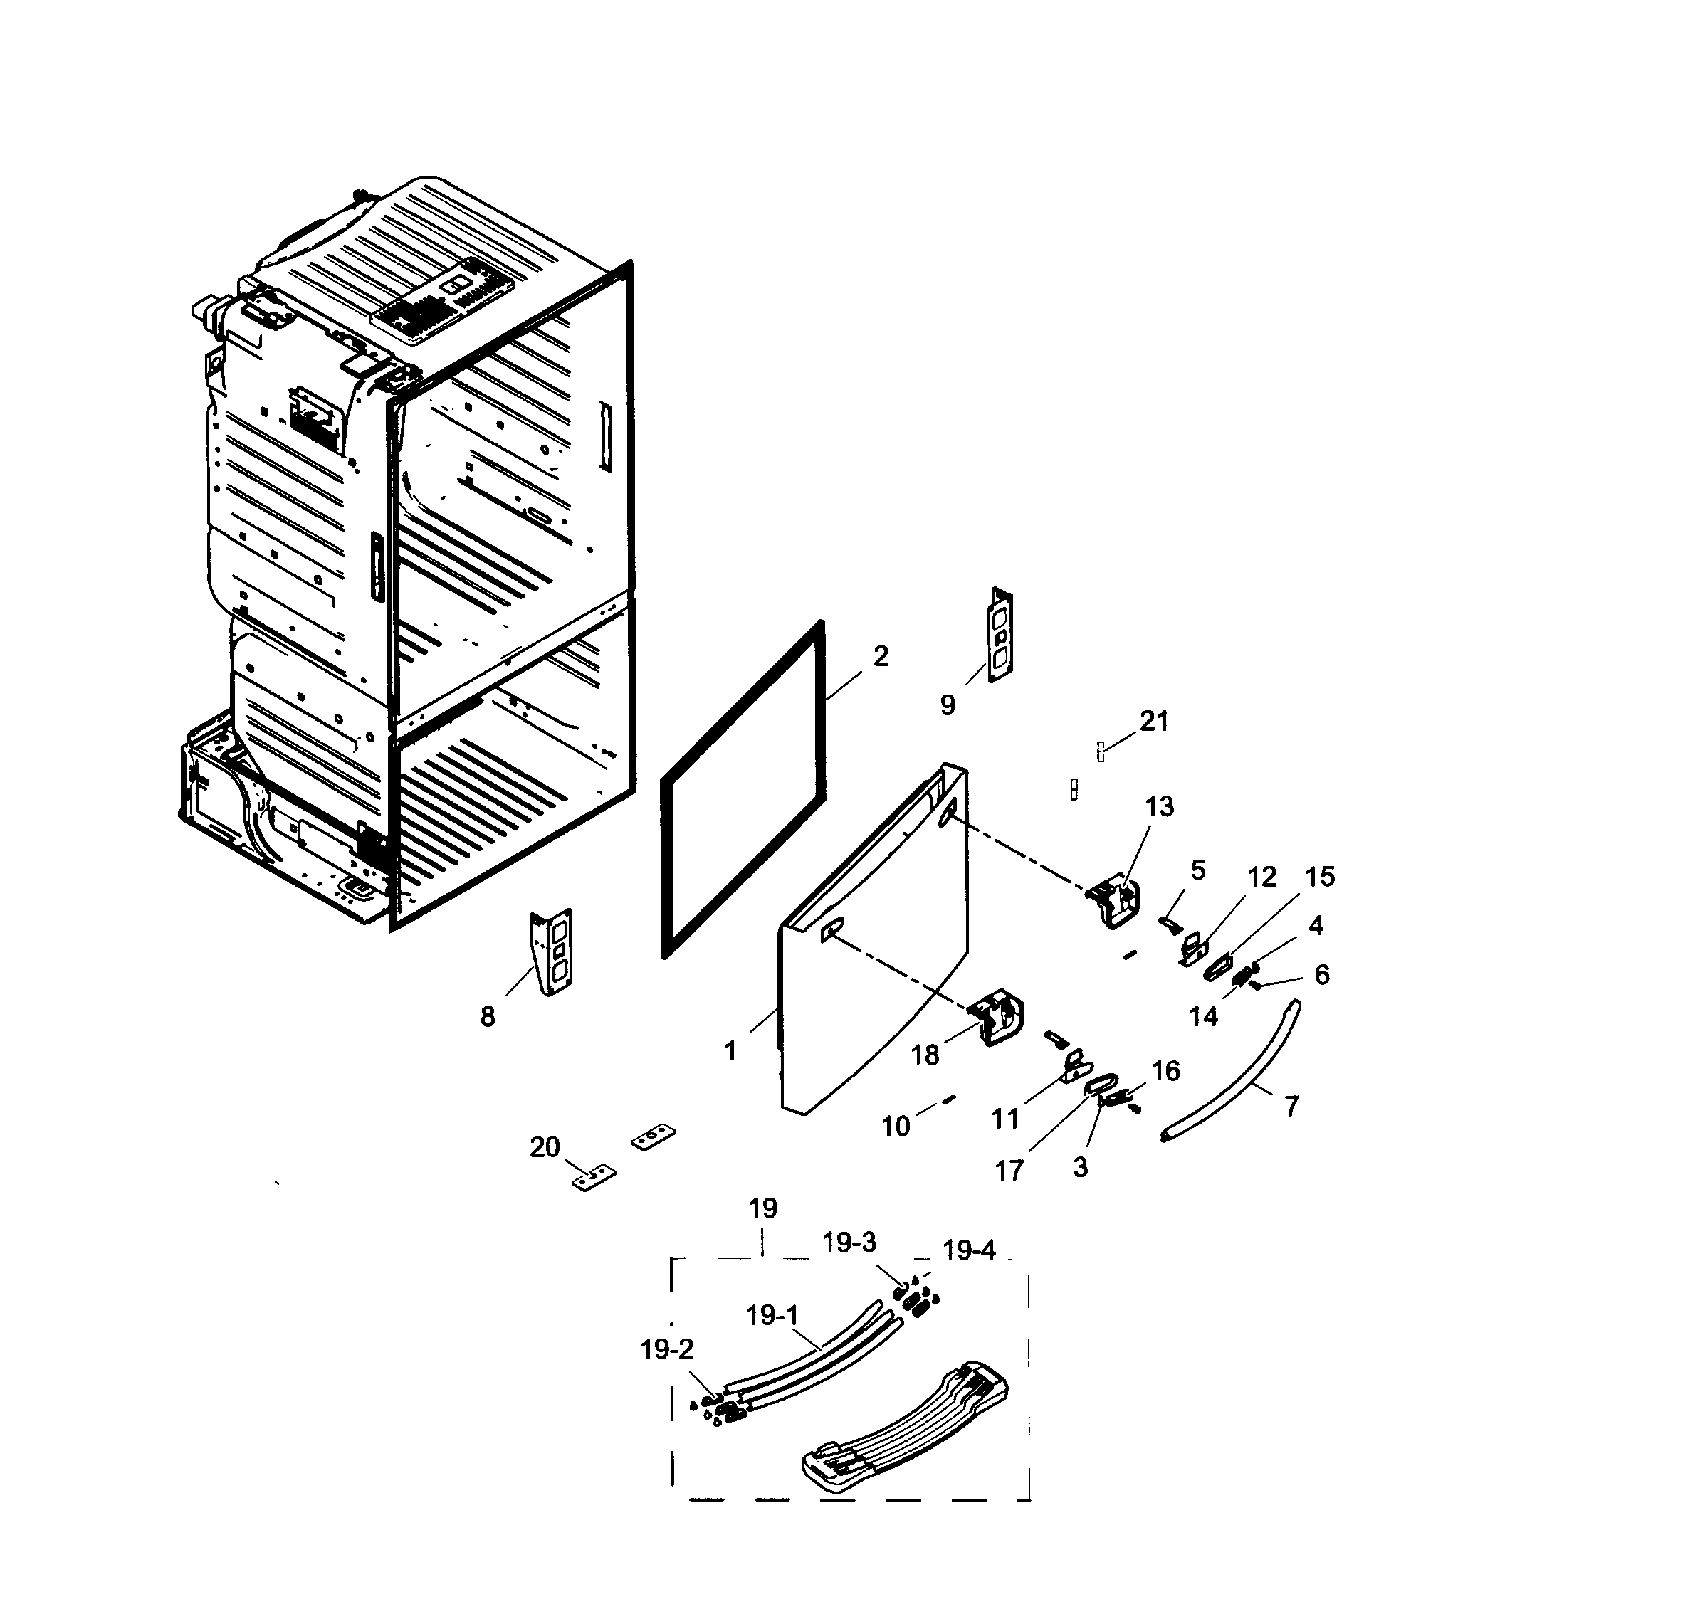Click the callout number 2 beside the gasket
click(x=881, y=656)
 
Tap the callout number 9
click(x=948, y=705)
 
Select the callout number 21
click(x=1154, y=721)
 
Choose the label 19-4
click(x=968, y=1250)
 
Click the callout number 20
click(x=544, y=1147)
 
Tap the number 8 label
click(x=487, y=1017)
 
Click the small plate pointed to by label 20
click(x=594, y=1177)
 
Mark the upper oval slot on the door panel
click(x=948, y=812)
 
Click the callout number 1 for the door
click(x=730, y=1050)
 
